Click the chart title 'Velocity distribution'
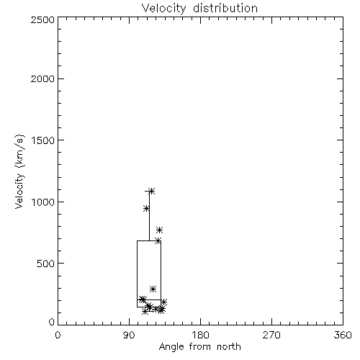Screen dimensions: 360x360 (199, 9)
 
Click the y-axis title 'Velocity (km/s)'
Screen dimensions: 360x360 (19, 171)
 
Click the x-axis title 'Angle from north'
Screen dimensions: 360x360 (199, 347)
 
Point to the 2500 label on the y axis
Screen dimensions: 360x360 (42, 19)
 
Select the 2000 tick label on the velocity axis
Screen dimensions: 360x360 (42, 78)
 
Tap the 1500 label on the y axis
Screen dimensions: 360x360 (43, 140)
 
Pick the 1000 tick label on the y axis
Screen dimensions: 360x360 (43, 202)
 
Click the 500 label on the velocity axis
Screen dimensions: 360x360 (46, 264)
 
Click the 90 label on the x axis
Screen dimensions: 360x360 (129, 336)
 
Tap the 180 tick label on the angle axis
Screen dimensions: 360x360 (200, 336)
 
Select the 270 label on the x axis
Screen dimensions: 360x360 (271, 336)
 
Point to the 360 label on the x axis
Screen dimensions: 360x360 (343, 336)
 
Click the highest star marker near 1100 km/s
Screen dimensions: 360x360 (152, 191)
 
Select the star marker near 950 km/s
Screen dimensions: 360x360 (146, 209)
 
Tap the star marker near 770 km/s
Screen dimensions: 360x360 (159, 230)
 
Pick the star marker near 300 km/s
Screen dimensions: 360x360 (153, 289)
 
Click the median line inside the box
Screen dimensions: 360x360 (149, 300)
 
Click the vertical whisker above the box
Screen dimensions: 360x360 (149, 216)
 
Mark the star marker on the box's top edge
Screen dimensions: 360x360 (158, 240)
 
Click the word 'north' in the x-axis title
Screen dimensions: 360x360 (229, 347)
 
